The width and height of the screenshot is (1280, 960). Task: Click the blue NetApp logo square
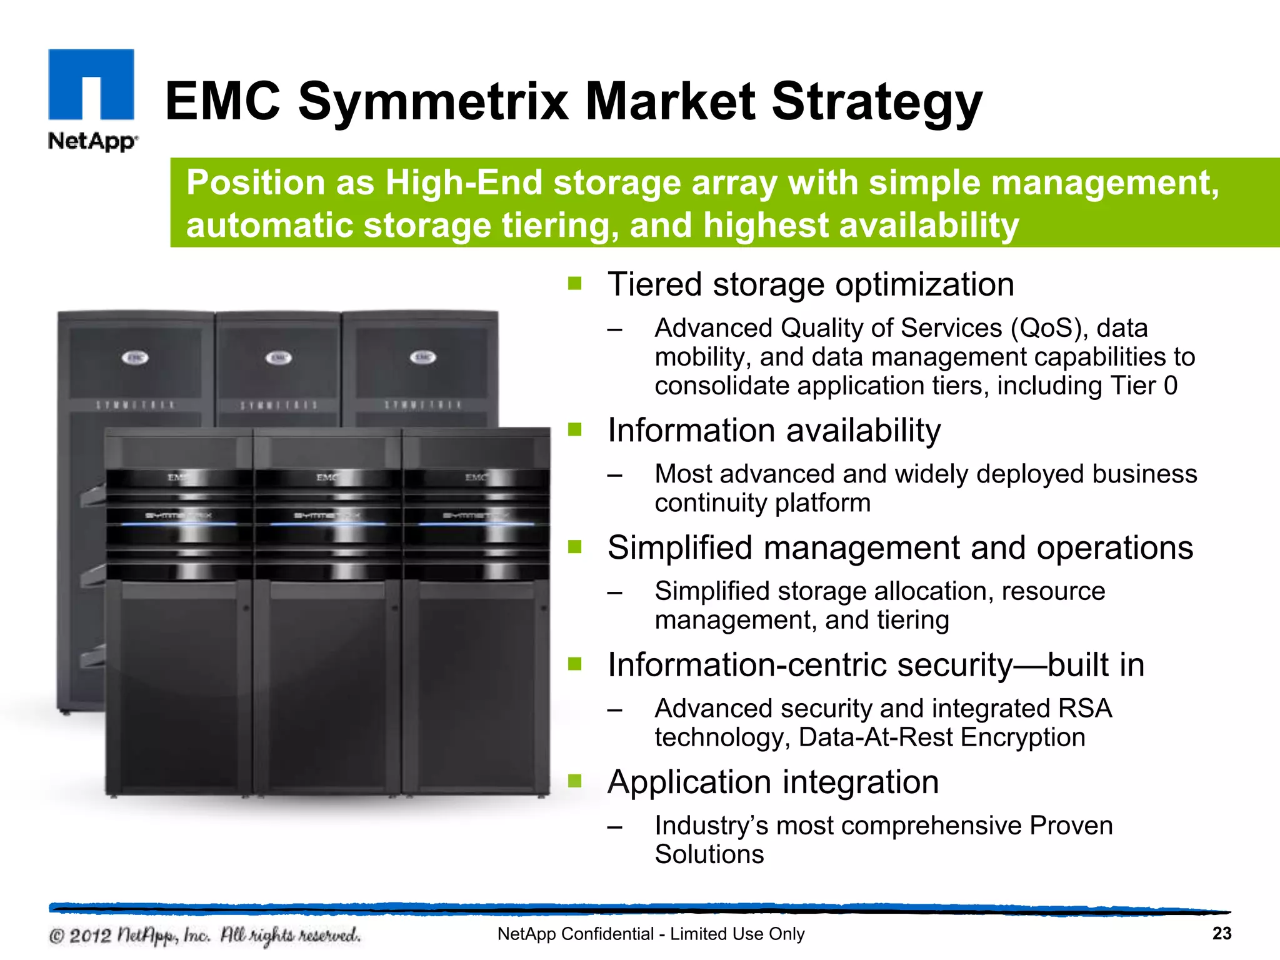pyautogui.click(x=91, y=84)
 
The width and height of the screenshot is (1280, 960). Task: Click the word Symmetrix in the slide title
pyautogui.click(x=433, y=101)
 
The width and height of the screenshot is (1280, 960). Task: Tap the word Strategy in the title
pyautogui.click(x=876, y=102)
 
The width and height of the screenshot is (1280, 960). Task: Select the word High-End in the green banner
pyautogui.click(x=463, y=183)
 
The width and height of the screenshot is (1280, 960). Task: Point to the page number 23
pyautogui.click(x=1221, y=933)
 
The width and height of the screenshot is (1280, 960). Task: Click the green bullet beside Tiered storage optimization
pyautogui.click(x=574, y=284)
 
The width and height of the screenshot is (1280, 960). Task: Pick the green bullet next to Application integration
pyautogui.click(x=574, y=781)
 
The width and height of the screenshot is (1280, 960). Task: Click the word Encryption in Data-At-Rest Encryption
pyautogui.click(x=1022, y=737)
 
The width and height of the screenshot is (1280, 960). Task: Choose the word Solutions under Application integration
pyautogui.click(x=709, y=854)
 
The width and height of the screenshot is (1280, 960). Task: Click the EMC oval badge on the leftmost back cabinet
pyautogui.click(x=135, y=358)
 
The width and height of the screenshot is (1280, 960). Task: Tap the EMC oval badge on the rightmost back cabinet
pyautogui.click(x=422, y=357)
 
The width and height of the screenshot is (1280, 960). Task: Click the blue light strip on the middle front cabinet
pyautogui.click(x=327, y=524)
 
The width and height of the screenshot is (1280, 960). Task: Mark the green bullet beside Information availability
pyautogui.click(x=574, y=430)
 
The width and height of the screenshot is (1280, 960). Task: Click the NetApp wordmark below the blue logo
pyautogui.click(x=92, y=141)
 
